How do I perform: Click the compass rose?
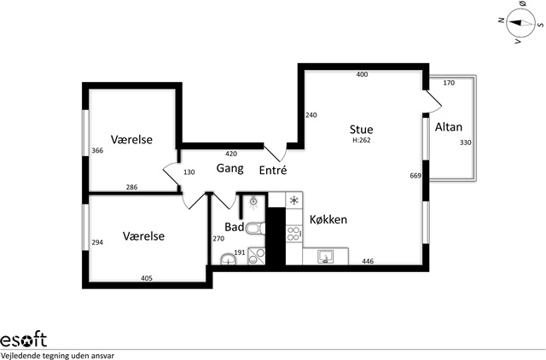[520, 23]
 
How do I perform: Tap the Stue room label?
[361, 130]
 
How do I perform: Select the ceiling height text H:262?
[362, 140]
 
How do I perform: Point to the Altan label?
[449, 127]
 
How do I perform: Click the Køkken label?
[328, 220]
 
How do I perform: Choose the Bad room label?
[235, 227]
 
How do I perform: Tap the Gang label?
[229, 169]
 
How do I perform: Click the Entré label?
[273, 170]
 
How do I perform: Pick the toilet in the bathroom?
[255, 229]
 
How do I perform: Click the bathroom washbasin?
[228, 259]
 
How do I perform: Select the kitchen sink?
[326, 257]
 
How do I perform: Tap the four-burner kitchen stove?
[294, 234]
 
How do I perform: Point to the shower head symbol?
[253, 201]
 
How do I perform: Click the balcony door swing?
[433, 102]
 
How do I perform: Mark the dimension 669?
[415, 176]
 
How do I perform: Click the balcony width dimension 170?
[449, 83]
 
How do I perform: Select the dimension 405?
[147, 278]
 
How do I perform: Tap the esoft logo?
[23, 340]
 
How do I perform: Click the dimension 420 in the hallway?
[231, 154]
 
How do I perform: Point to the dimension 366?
[97, 151]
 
